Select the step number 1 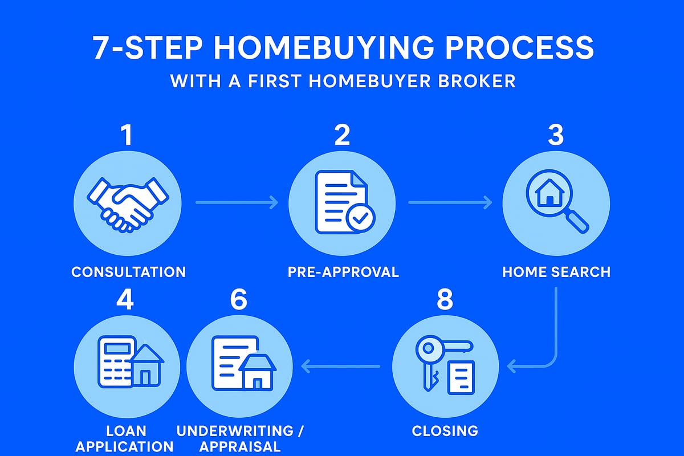tap(126, 136)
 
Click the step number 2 tap(341, 136)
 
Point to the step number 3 tap(556, 136)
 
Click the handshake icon tap(128, 202)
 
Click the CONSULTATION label tap(128, 272)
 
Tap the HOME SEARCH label tap(556, 272)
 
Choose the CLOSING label tap(445, 431)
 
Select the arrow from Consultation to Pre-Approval tap(237, 202)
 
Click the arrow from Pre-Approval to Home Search tap(450, 202)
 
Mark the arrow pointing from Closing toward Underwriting tap(340, 367)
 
